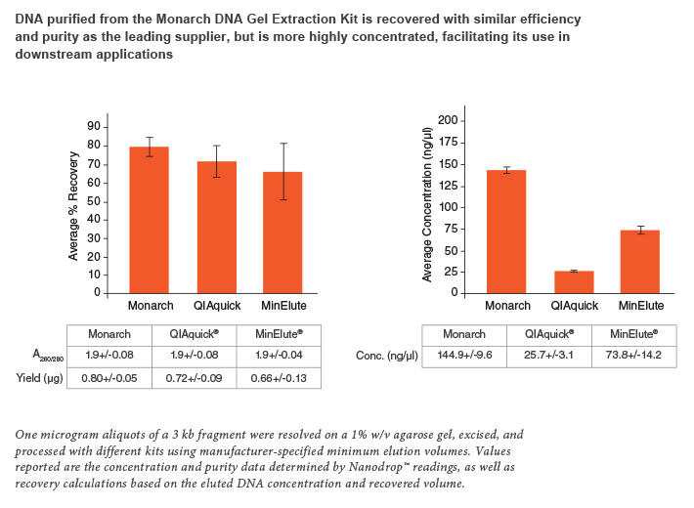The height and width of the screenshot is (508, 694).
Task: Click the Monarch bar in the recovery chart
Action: [150, 220]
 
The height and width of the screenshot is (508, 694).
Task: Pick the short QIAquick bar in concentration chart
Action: [574, 281]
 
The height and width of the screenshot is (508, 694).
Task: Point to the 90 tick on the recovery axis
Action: [95, 126]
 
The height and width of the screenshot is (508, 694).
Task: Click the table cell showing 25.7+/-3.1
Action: [548, 356]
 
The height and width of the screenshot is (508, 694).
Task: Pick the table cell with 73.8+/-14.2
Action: [633, 356]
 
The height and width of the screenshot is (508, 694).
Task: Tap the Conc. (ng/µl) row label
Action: [387, 356]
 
